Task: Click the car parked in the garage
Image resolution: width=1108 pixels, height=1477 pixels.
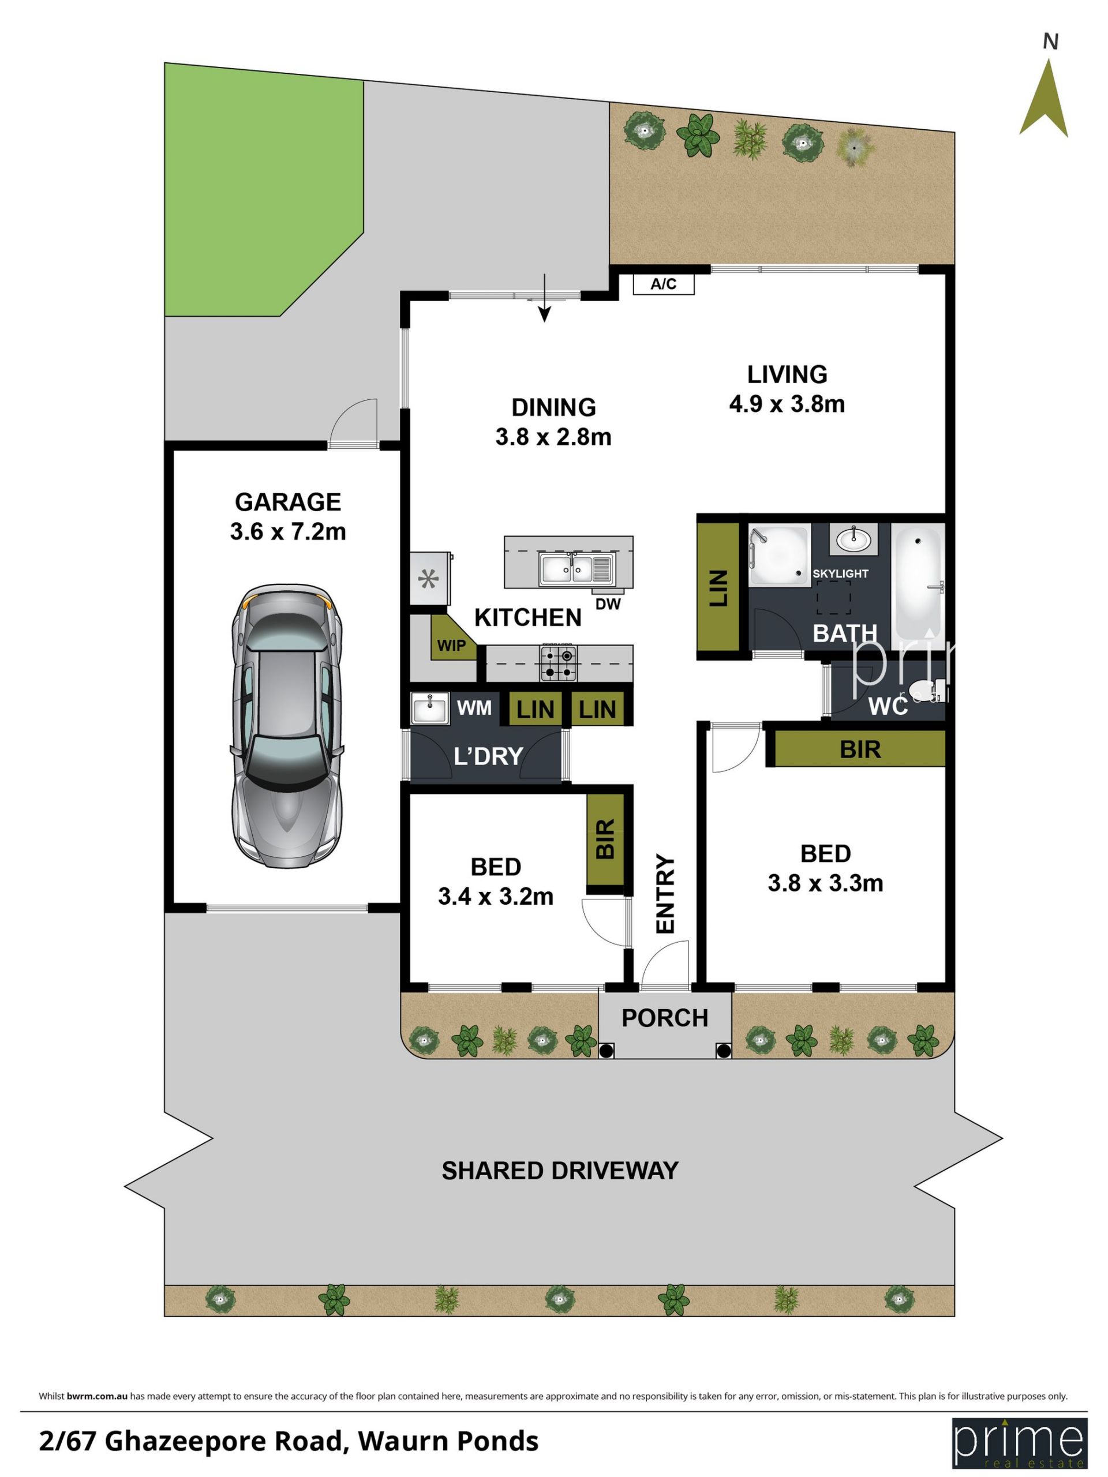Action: (x=287, y=726)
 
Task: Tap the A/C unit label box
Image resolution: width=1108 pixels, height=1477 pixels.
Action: (x=663, y=284)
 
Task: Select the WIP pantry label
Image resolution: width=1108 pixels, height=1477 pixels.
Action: (x=451, y=645)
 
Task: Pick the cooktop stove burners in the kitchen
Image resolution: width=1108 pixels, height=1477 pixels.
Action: (x=559, y=663)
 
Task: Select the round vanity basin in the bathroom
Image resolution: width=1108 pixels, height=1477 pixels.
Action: (x=854, y=539)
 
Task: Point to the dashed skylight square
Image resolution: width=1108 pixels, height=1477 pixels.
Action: (x=833, y=597)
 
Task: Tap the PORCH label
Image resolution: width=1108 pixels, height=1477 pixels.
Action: (x=665, y=1018)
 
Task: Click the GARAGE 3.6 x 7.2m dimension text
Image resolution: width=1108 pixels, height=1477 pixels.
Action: (x=288, y=517)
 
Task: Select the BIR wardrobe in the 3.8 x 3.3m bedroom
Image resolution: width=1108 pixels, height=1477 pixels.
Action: (x=859, y=748)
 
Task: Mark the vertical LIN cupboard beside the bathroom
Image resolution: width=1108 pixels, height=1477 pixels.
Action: (x=718, y=587)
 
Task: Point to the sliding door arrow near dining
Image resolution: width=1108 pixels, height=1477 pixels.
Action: (x=545, y=298)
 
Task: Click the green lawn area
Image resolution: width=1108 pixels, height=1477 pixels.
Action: (x=264, y=190)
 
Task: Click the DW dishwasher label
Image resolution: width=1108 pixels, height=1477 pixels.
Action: (x=608, y=603)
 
